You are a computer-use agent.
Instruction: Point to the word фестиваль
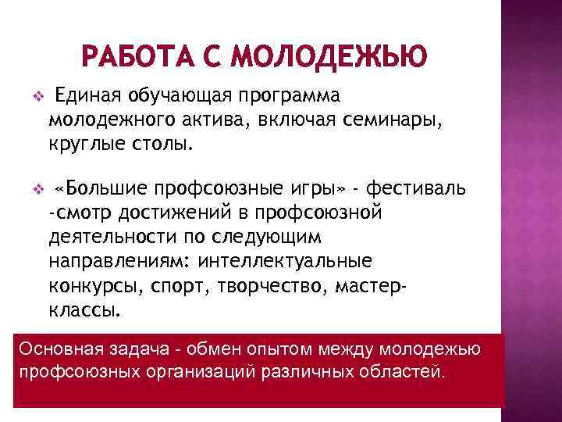[428, 188]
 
